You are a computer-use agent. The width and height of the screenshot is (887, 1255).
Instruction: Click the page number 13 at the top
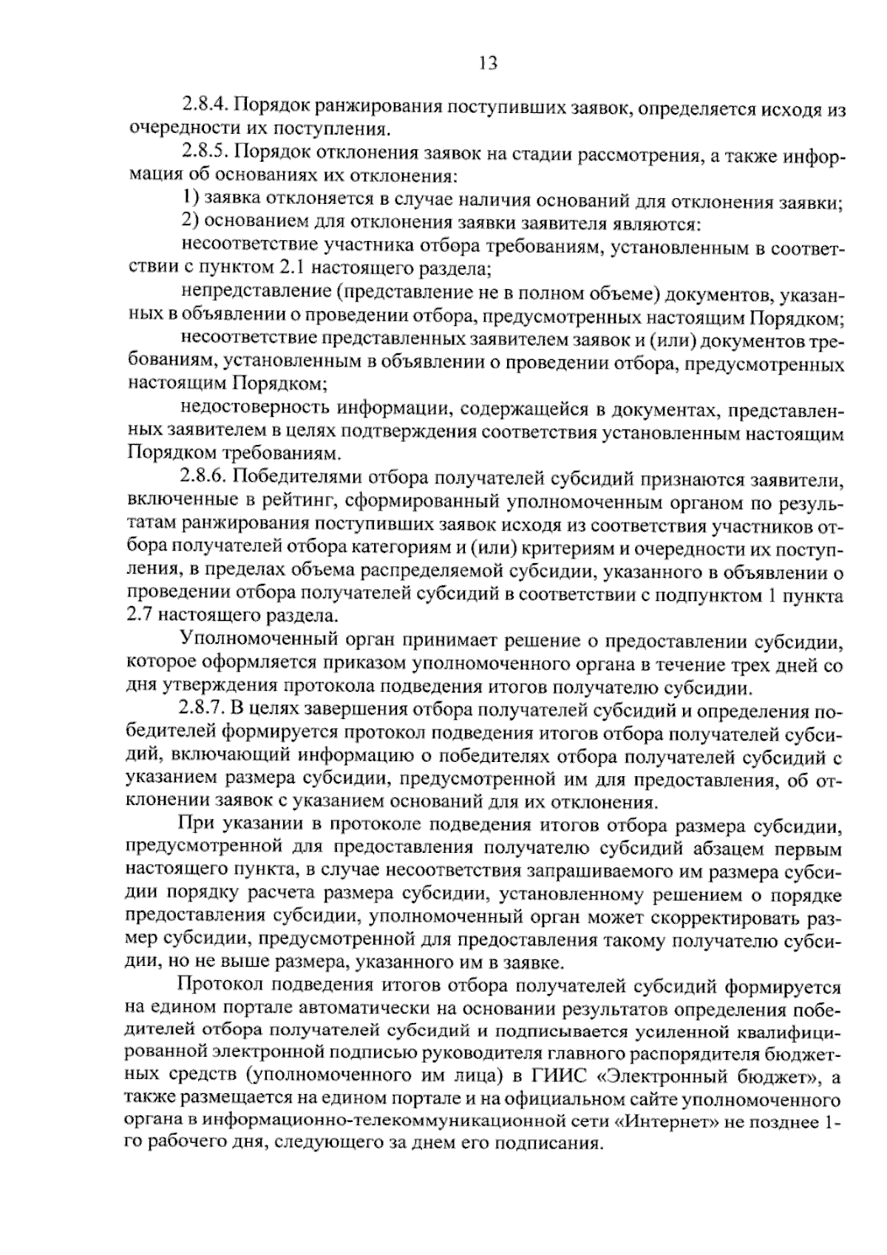[489, 64]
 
